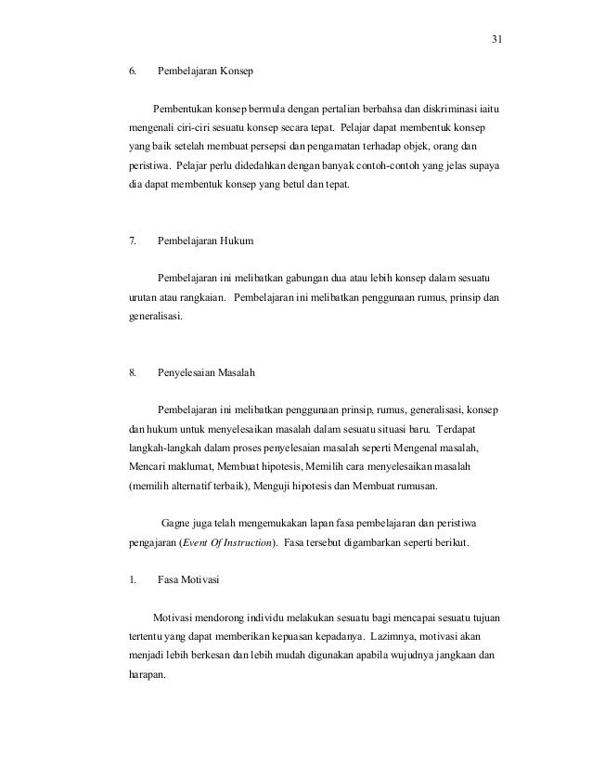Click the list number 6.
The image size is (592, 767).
click(x=133, y=71)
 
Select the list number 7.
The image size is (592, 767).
click(x=133, y=241)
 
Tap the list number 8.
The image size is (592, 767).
click(x=133, y=373)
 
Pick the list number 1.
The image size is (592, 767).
click(x=132, y=583)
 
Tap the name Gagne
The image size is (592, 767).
click(x=178, y=522)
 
